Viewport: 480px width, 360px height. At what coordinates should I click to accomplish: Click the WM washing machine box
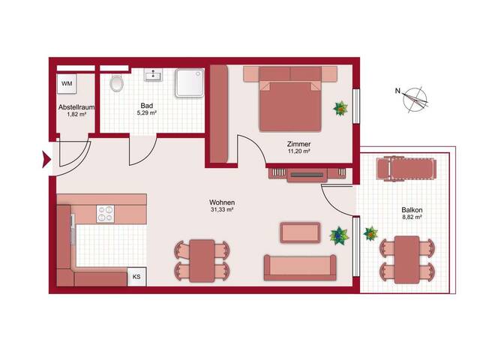tap(67, 83)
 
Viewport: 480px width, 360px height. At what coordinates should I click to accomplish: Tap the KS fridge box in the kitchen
tap(136, 277)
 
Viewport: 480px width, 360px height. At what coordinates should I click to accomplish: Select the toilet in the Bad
tap(116, 83)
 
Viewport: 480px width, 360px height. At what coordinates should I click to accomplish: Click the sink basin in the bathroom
tap(153, 75)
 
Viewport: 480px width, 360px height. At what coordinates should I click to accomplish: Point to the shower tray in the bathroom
tap(190, 83)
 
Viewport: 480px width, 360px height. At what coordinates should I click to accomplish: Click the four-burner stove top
tap(105, 214)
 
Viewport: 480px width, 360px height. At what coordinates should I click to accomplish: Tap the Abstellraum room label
tap(76, 107)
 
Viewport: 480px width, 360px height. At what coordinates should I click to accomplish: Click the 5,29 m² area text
tap(147, 112)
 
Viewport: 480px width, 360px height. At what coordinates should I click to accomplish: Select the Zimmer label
tap(298, 144)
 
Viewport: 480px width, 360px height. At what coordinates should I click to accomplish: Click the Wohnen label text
tap(222, 202)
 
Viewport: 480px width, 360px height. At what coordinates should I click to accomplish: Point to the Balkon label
tap(412, 210)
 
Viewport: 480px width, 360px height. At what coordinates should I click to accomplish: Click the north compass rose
tap(415, 100)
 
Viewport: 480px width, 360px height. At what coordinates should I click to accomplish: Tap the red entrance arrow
tap(46, 160)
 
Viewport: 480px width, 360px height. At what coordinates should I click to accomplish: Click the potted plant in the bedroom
tap(340, 109)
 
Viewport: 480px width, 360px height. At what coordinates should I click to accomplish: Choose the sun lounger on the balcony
tap(406, 169)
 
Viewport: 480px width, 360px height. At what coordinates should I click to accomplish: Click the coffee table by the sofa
tap(300, 232)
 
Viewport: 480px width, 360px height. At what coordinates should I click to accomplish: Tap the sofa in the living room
tap(300, 268)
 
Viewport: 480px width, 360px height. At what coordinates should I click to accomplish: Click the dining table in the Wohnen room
tap(202, 261)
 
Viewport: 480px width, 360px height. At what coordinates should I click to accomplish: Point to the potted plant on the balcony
tap(370, 233)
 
